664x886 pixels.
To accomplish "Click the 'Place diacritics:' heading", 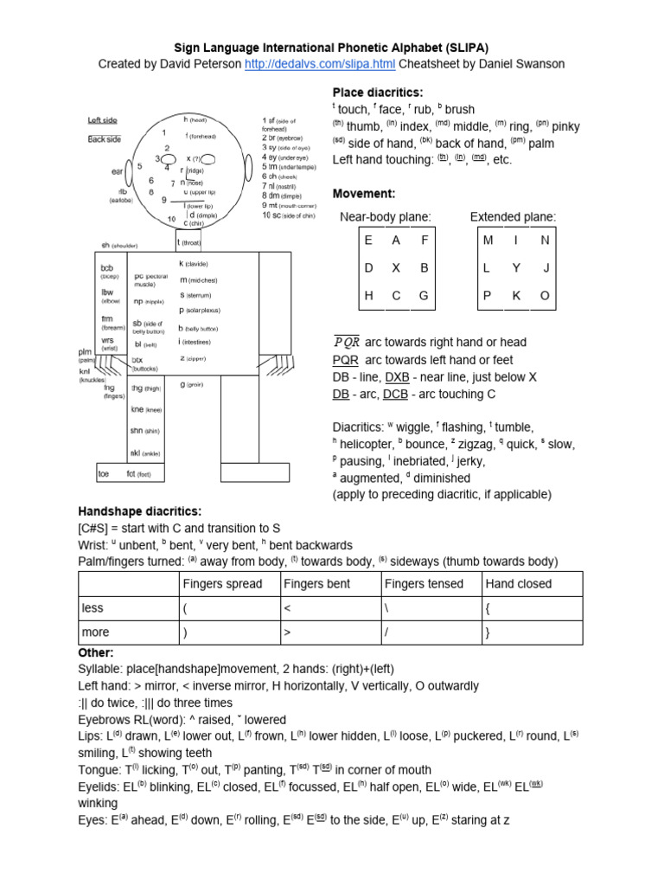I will [x=378, y=93].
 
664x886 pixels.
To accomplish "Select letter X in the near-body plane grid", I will [x=396, y=268].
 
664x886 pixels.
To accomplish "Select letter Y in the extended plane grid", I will [x=516, y=268].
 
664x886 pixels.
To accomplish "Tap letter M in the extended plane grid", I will [x=488, y=241].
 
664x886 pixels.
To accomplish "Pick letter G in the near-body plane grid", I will [x=424, y=295].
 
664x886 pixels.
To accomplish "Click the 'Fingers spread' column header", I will [x=222, y=584].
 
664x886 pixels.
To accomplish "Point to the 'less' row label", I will [x=93, y=608].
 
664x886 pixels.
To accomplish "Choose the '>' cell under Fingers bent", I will [x=288, y=632].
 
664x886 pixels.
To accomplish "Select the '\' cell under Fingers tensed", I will [x=388, y=608].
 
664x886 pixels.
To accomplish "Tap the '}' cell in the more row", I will [x=488, y=632].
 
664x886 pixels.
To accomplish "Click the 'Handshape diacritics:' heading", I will [x=140, y=511].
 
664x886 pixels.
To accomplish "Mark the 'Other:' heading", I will [x=97, y=652].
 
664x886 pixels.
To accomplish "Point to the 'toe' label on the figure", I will [x=103, y=474].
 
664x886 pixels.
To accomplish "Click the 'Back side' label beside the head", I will [x=105, y=139].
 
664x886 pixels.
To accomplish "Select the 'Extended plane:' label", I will [x=514, y=216].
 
